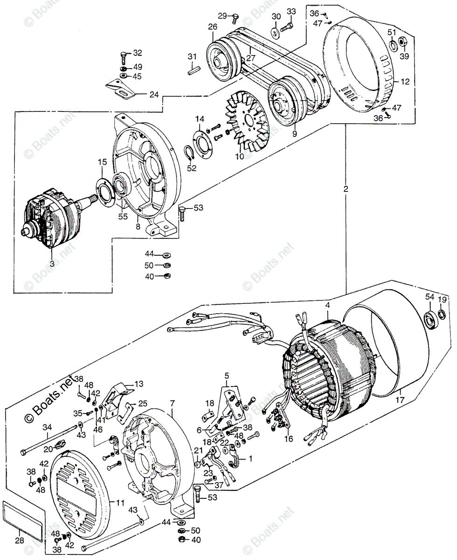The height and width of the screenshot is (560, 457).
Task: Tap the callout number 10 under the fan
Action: (x=239, y=157)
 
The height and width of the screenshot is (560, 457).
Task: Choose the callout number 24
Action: (x=153, y=95)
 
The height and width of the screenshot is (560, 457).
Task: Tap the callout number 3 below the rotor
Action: (x=52, y=264)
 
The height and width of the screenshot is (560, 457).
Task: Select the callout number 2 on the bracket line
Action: (x=346, y=189)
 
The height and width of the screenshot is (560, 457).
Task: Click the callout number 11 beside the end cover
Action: (x=120, y=503)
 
